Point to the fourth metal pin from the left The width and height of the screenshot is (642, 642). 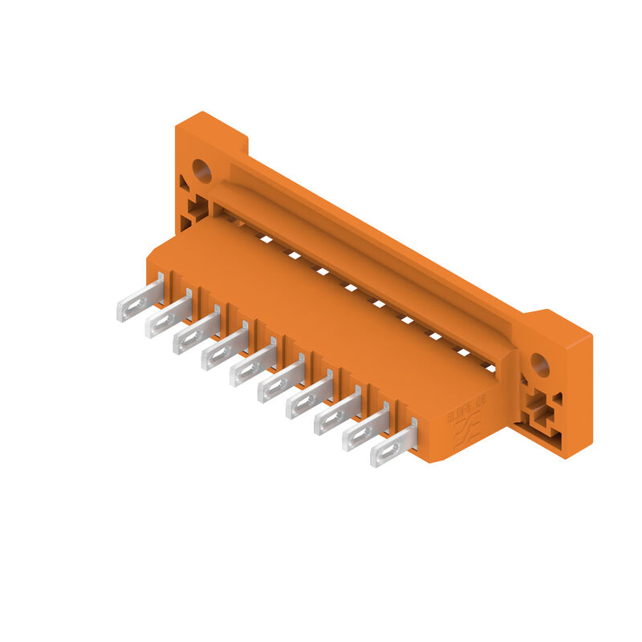point(225,351)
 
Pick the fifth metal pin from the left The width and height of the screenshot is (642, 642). point(253,367)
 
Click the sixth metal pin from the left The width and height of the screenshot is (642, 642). point(281,383)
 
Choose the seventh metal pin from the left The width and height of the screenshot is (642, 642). point(309,399)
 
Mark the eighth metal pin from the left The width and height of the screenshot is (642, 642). point(337,415)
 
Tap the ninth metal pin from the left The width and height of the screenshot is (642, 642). point(365,431)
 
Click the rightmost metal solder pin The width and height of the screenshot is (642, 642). point(393,448)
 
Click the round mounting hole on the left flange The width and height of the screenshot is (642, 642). point(201,170)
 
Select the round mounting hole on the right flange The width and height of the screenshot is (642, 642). point(540,366)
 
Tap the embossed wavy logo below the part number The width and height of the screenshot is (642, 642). point(465,434)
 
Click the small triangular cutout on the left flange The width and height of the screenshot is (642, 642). point(184,183)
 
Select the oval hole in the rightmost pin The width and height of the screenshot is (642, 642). point(385,453)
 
